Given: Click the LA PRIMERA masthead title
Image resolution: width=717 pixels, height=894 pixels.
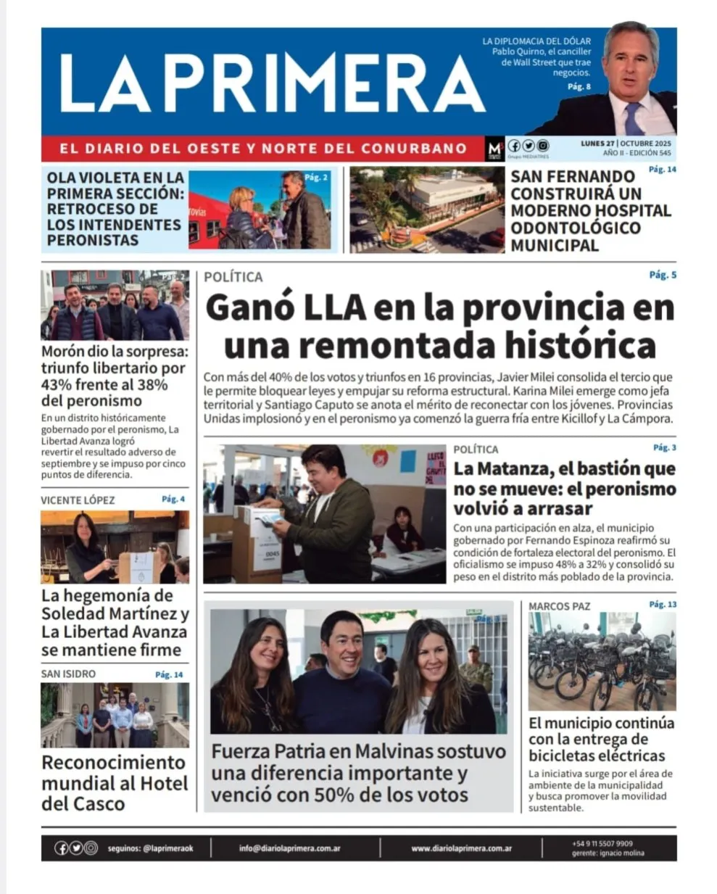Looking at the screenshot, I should (x=272, y=83).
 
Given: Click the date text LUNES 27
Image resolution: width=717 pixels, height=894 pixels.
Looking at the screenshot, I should (x=597, y=144).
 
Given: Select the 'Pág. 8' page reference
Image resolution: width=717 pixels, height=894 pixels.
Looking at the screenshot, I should (x=579, y=87).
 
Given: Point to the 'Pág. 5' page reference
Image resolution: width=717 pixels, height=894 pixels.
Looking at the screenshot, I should (x=663, y=276).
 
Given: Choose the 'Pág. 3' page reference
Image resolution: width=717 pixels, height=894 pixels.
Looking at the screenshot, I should (x=664, y=448).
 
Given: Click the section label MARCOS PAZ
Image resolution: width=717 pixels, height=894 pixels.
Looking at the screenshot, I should (x=559, y=606).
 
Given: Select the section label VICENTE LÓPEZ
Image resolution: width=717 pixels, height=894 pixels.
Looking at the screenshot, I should (x=78, y=500).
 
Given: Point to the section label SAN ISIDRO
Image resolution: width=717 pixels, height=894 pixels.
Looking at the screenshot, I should (x=68, y=674).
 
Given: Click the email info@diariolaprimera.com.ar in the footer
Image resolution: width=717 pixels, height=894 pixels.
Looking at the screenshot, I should (x=289, y=848).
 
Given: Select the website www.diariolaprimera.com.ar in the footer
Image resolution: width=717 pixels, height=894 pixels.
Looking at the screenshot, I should (x=461, y=848).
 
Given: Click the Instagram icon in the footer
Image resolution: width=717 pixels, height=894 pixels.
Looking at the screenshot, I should (x=91, y=848).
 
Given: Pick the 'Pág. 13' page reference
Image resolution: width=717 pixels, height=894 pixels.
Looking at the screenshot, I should (x=663, y=604).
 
